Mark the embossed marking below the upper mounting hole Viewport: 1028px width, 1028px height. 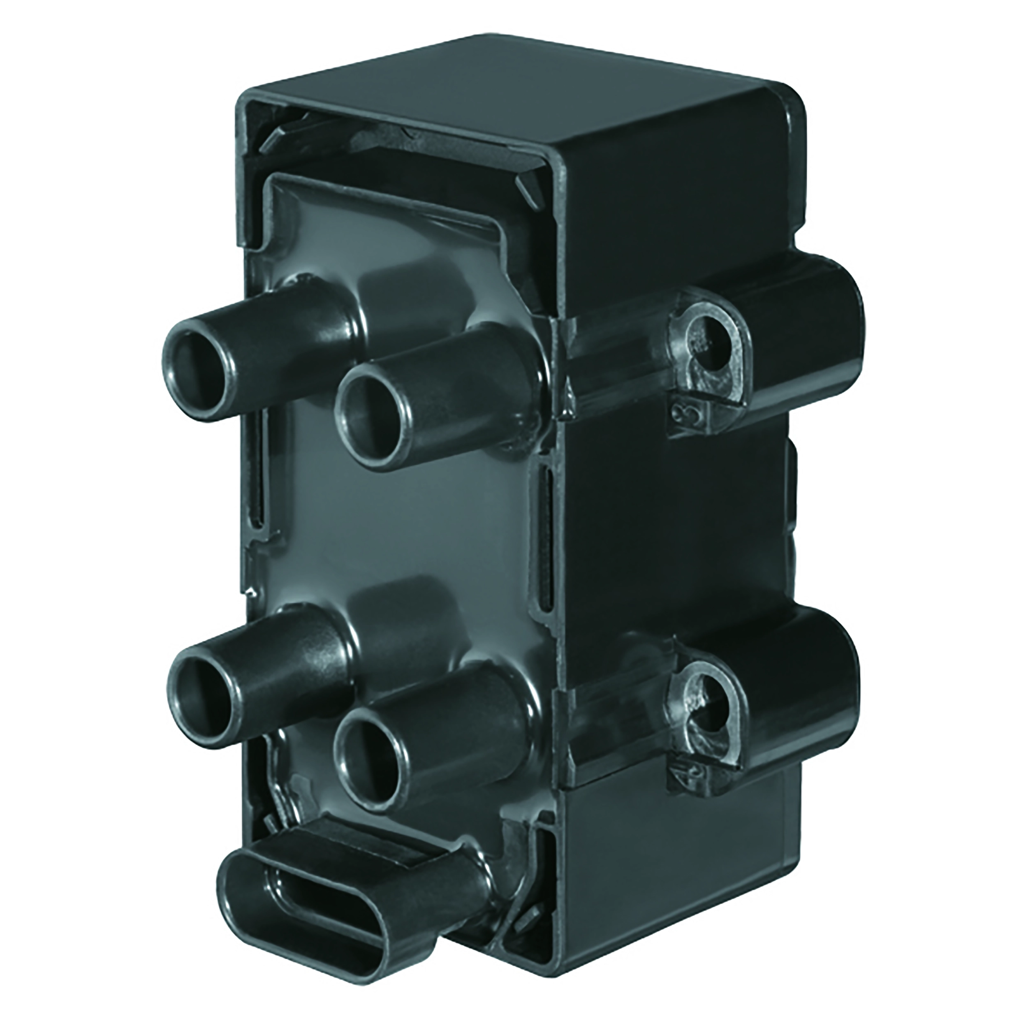tap(692, 412)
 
